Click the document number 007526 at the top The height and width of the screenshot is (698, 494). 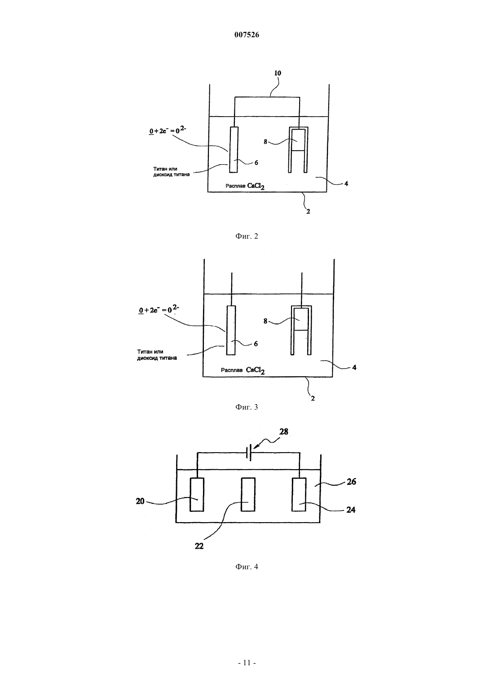247,35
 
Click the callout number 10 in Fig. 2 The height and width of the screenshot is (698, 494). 277,73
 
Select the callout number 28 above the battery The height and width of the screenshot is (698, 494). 284,432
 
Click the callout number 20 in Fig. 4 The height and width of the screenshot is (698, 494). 140,501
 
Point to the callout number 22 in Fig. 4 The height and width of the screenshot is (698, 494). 199,546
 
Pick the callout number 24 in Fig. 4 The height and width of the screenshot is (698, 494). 351,510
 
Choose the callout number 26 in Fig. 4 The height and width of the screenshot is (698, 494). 351,482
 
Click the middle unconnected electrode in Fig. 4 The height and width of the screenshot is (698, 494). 248,494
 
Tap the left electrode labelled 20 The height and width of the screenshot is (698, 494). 197,494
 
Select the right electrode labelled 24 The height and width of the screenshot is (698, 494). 299,494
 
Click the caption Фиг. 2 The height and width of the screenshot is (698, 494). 247,236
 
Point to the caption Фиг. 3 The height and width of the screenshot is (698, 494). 247,407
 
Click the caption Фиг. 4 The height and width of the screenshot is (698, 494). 247,567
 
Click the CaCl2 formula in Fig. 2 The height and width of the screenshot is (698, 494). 256,186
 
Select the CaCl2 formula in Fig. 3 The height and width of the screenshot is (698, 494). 256,370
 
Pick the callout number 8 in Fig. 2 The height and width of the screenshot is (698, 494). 265,142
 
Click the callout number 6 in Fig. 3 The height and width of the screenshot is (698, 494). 256,344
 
